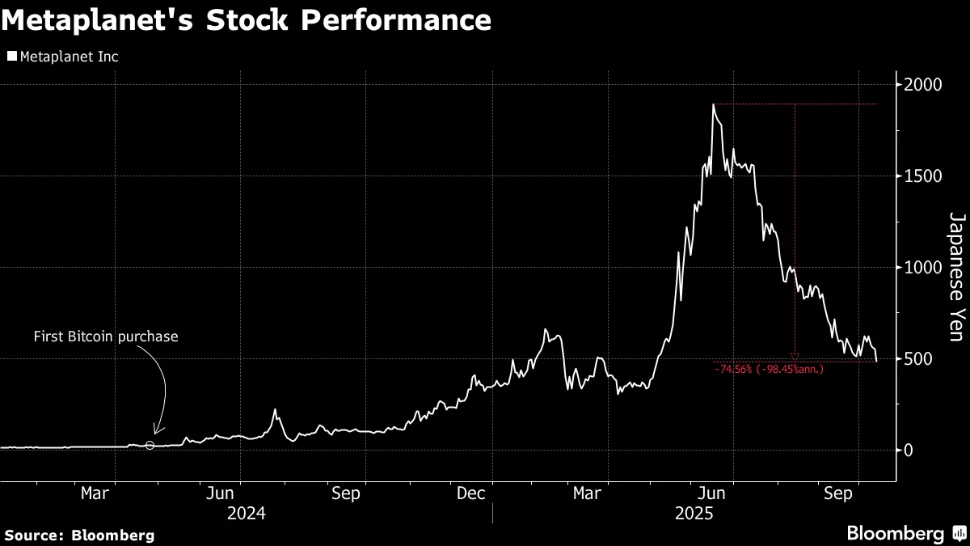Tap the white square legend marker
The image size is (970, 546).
pyautogui.click(x=11, y=57)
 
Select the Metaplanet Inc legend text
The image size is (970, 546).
pyautogui.click(x=69, y=57)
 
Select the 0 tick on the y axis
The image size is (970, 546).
pyautogui.click(x=909, y=451)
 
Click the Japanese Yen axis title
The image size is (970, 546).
pyautogui.click(x=956, y=277)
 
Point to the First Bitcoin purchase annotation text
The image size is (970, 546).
pyautogui.click(x=105, y=336)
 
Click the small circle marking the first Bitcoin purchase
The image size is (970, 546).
pyautogui.click(x=150, y=446)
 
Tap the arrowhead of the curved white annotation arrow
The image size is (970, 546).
pyautogui.click(x=156, y=433)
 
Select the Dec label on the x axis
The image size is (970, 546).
pyautogui.click(x=470, y=493)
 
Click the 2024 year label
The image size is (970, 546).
pyautogui.click(x=246, y=513)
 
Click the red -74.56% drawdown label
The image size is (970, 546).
pyautogui.click(x=769, y=370)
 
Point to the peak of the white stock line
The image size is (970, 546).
pyautogui.click(x=714, y=104)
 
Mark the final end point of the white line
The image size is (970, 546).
pyautogui.click(x=877, y=362)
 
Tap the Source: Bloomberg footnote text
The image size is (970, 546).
pyautogui.click(x=79, y=535)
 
